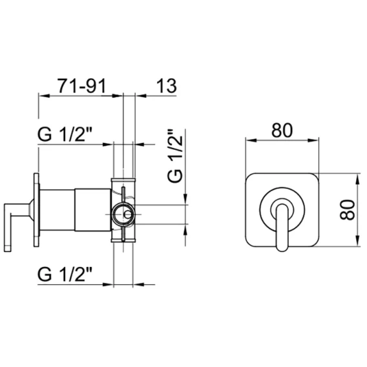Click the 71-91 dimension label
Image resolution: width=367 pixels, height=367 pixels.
tap(82, 86)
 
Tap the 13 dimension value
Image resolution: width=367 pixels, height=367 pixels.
tap(166, 86)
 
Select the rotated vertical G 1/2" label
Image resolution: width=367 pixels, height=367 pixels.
tap(175, 156)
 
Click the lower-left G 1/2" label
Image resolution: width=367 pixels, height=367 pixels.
tap(65, 275)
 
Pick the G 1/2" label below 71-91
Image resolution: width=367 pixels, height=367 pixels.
tap(65, 134)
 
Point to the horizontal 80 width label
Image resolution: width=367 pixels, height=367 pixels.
tap(282, 131)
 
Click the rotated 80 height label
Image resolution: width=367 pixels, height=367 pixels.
tap(347, 210)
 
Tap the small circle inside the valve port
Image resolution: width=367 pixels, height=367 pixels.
tap(127, 215)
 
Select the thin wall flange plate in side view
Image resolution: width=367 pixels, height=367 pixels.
tap(36, 210)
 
